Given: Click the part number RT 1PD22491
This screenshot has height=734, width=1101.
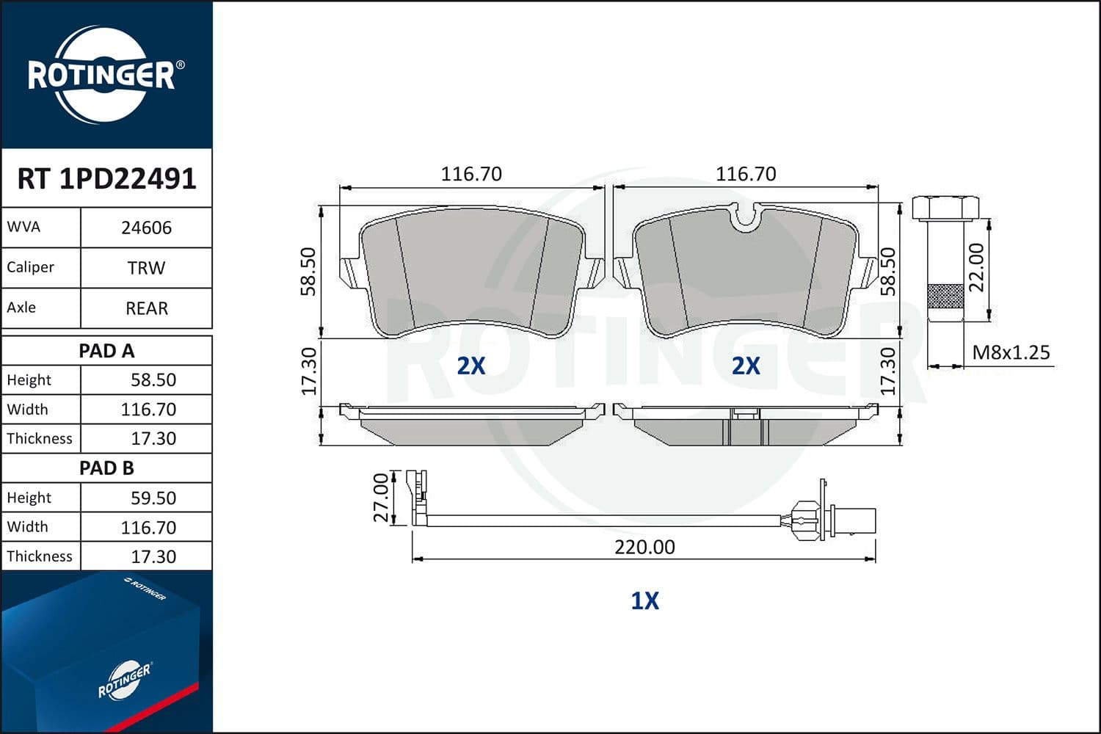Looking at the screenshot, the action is [106, 179].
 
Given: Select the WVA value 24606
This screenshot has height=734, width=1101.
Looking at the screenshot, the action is [147, 228].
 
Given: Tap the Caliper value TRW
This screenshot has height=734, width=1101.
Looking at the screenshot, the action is [147, 269].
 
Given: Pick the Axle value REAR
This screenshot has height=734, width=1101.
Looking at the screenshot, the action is [147, 309].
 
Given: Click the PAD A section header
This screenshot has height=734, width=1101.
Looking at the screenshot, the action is [106, 351].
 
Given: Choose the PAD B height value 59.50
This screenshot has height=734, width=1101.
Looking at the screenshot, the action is [153, 498].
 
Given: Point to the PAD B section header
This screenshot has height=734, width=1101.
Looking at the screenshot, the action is [106, 468].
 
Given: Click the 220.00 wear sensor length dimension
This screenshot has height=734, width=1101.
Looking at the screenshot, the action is [645, 547].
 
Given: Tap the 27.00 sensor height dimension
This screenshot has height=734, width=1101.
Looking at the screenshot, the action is [382, 498].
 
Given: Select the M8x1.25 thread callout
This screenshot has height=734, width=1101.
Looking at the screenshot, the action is [1011, 352].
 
